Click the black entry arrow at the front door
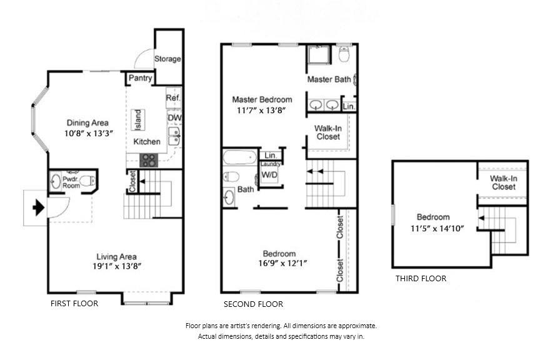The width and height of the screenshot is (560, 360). [39, 207]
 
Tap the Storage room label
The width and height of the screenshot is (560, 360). [167, 59]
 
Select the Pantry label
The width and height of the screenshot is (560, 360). [141, 78]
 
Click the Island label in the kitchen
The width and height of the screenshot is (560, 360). [138, 119]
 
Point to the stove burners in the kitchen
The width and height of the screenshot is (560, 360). [149, 160]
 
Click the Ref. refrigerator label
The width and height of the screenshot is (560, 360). [173, 98]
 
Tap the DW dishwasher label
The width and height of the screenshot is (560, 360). [174, 117]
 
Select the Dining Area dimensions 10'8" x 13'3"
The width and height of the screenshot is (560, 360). [89, 134]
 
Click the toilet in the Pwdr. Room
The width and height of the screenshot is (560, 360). [87, 181]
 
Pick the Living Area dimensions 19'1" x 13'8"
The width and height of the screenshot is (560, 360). [117, 266]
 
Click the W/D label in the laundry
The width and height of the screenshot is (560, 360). [269, 175]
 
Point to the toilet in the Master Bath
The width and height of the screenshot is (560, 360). [344, 54]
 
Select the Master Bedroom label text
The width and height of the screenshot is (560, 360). [262, 99]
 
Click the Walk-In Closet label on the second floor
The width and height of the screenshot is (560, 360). [328, 132]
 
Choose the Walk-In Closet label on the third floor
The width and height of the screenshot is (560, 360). [504, 182]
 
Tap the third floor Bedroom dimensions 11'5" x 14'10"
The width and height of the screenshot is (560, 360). [437, 229]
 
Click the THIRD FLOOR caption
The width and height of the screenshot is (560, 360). [421, 279]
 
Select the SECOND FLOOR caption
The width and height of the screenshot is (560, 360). [253, 304]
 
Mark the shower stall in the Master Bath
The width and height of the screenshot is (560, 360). [319, 54]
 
